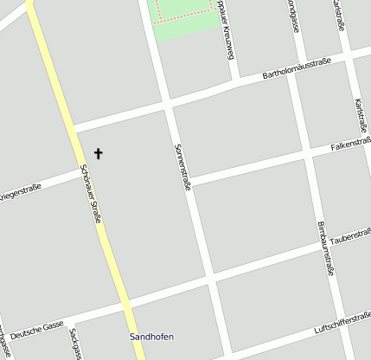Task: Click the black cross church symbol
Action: point(98,154)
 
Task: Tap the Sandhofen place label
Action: point(146,336)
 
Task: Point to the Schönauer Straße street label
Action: point(91,195)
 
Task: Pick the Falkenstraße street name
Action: point(351,142)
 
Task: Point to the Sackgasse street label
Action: point(76,344)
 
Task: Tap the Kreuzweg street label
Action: point(227,19)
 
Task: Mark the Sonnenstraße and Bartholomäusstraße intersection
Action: point(166,105)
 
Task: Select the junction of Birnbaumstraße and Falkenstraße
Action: point(305,157)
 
